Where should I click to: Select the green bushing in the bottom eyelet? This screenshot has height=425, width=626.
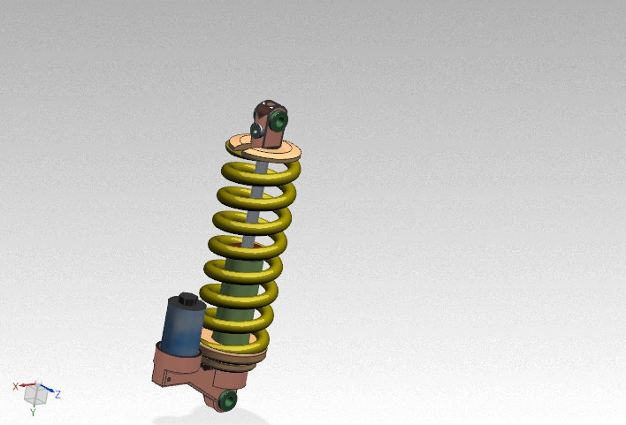coord(227,399)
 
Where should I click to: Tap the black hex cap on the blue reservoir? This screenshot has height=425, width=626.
coord(186,300)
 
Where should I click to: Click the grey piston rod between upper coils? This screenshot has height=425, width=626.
coord(255,216)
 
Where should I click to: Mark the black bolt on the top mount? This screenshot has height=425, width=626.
coord(256,131)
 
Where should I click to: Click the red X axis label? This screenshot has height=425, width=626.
coord(15,386)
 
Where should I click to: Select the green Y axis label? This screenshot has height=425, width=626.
coord(33,412)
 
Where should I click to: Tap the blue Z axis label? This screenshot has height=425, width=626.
coord(57,394)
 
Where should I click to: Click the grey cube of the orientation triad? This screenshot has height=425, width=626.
coord(33,391)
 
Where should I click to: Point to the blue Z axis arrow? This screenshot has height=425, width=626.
coord(48,391)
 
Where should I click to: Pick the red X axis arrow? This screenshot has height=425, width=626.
coord(24,385)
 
